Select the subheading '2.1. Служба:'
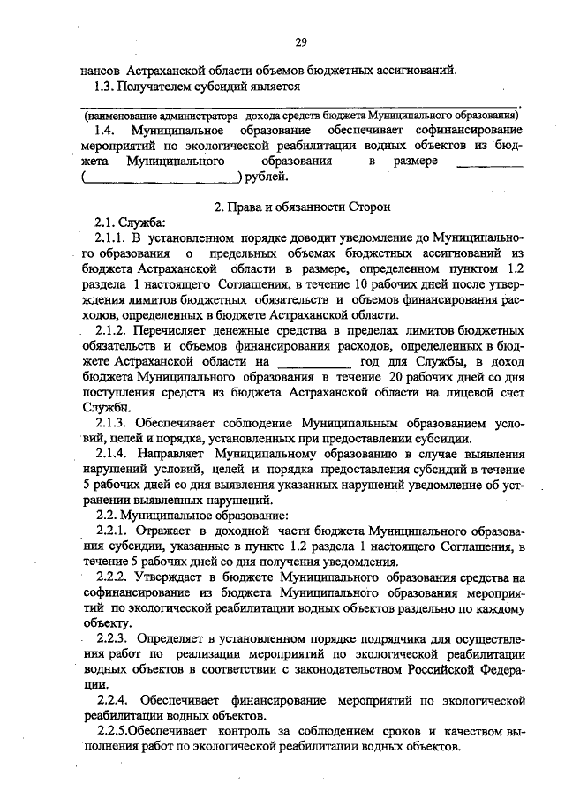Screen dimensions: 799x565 130,222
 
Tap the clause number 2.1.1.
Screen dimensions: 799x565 111,238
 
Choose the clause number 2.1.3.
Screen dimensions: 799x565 111,425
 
